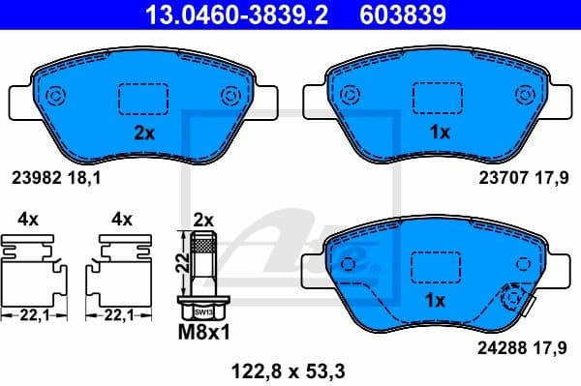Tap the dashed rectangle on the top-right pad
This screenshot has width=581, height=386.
[440, 99]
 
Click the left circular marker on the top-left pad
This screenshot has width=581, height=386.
[56, 96]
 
